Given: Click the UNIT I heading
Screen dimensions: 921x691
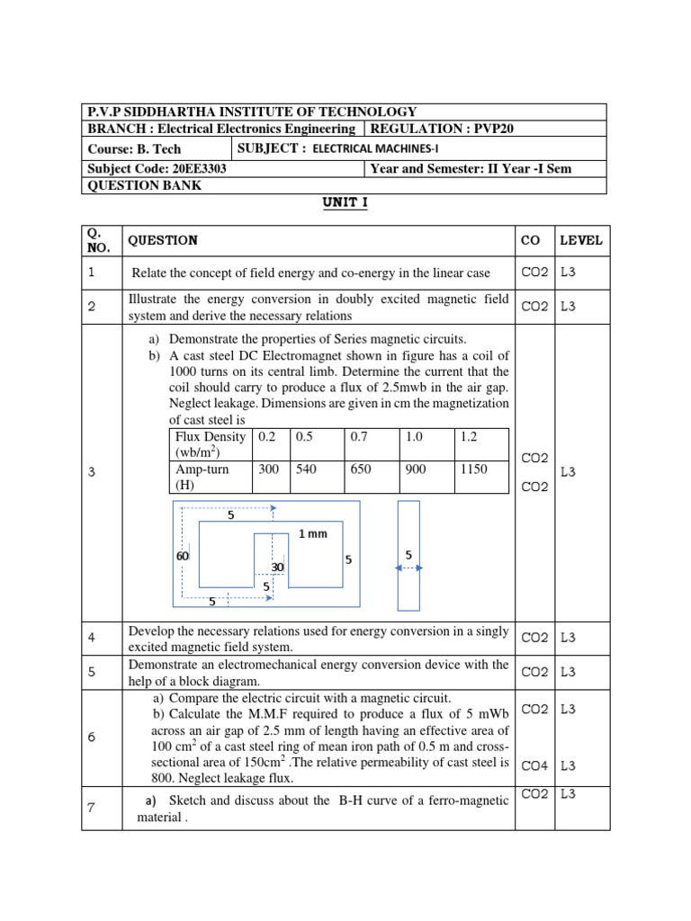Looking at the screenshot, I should [x=345, y=202].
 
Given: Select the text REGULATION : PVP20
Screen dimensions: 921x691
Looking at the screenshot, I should [x=442, y=130].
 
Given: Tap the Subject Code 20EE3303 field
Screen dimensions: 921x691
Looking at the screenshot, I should [x=157, y=168].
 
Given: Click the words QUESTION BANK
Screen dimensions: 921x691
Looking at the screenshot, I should [x=144, y=186].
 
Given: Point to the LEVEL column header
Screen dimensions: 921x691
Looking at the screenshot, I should [x=580, y=240].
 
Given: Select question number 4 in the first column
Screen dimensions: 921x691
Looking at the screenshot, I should [x=92, y=638].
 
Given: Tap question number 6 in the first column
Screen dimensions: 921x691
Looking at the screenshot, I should [x=92, y=737].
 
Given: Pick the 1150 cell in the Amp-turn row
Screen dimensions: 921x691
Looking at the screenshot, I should [x=473, y=469].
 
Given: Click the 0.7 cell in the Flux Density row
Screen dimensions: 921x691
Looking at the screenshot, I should [x=360, y=436].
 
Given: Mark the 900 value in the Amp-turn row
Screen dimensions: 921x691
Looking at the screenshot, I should [x=416, y=469].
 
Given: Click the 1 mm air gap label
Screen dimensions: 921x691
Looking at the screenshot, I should [x=313, y=534].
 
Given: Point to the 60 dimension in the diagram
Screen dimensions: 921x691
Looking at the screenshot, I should [x=184, y=558].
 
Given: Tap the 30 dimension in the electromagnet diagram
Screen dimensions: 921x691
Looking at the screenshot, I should [x=278, y=568].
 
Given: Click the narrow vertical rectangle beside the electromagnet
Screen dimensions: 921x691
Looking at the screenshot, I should [x=408, y=555].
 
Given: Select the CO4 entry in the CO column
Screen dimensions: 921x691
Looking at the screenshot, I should [x=534, y=766].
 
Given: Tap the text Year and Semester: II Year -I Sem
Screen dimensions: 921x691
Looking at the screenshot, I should [x=471, y=168].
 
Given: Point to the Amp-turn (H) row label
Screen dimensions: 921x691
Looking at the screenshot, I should [x=202, y=477].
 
